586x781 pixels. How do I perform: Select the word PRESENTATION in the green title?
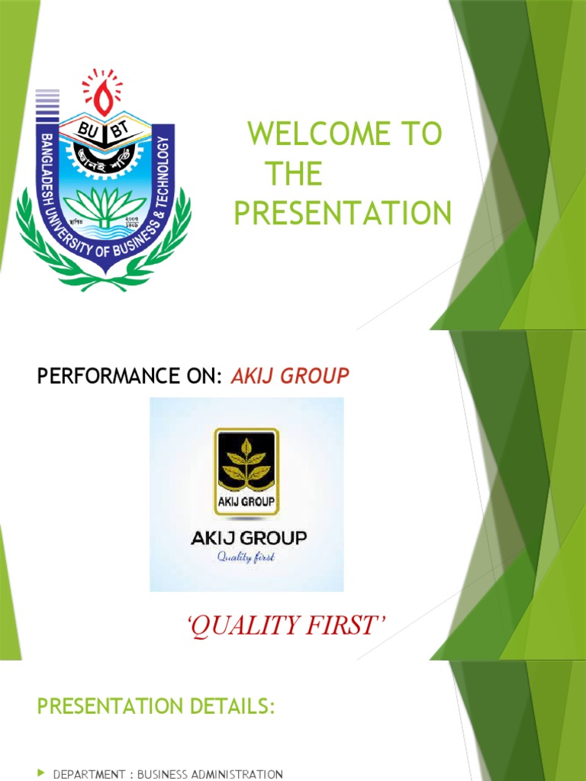click(342, 214)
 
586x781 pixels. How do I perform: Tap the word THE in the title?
click(293, 175)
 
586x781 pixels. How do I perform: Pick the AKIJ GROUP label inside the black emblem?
click(246, 504)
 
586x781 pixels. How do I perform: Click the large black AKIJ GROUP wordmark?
click(248, 538)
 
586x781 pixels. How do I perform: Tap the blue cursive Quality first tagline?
click(246, 557)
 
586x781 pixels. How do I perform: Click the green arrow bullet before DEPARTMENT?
click(41, 773)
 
